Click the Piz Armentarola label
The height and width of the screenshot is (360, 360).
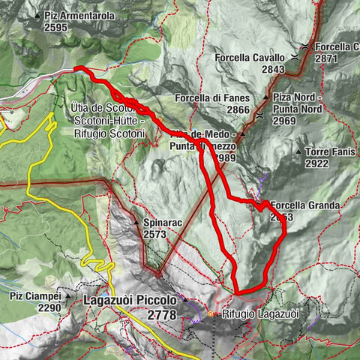coord(76,16)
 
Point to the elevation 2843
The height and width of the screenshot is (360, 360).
coord(273,69)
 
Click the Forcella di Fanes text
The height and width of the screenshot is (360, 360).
coord(211,98)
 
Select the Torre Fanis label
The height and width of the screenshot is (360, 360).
coord(329,151)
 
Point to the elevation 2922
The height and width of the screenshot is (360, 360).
coord(317,163)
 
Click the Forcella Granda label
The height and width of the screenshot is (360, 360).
coord(306,205)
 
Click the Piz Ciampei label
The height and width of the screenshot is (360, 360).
coord(35,296)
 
